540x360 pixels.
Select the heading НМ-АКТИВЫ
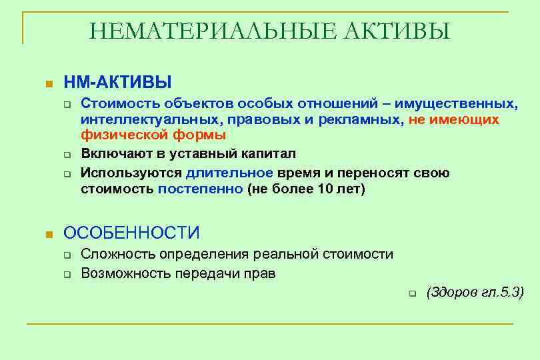coord(117,82)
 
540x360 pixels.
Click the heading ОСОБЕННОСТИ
coord(131,233)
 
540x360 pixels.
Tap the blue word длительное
coord(229,173)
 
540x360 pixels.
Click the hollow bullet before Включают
coord(67,155)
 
